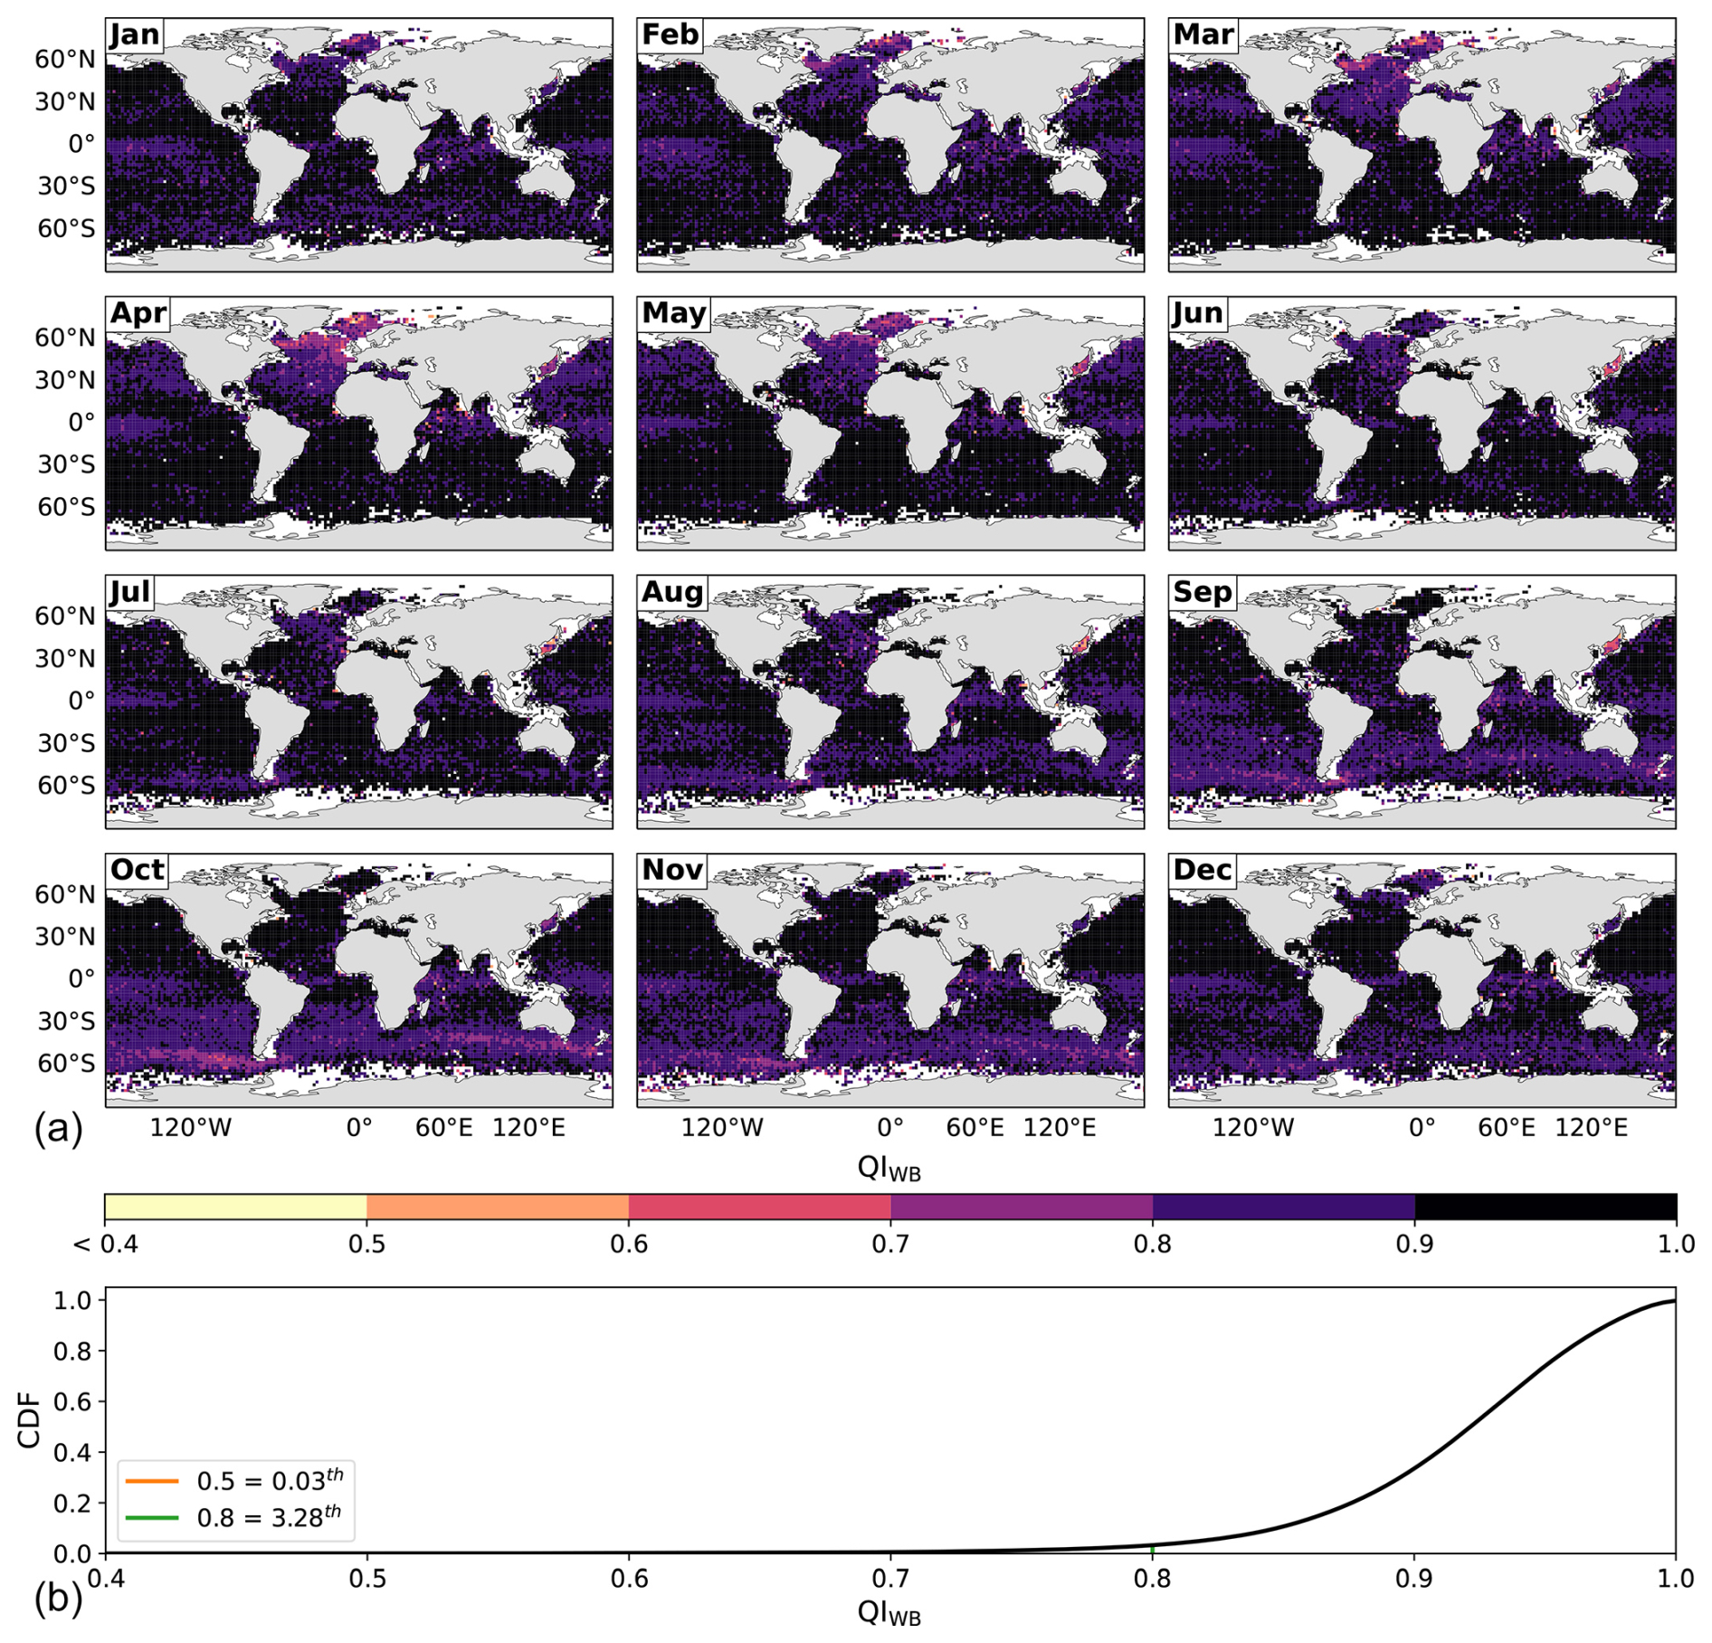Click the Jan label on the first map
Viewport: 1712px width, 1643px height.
pos(135,34)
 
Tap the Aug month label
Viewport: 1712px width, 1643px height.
pos(671,592)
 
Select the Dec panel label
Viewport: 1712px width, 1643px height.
pos(1203,870)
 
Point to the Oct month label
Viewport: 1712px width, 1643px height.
pos(138,870)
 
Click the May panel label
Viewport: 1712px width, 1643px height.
pos(673,313)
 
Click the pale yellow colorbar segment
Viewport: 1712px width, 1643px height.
pos(235,1207)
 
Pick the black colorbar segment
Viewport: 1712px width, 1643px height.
pos(1545,1207)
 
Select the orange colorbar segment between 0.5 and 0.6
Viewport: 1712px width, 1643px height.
pos(498,1207)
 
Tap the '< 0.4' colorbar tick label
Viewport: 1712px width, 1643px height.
pos(106,1244)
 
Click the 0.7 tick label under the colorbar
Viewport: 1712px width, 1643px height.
pos(890,1244)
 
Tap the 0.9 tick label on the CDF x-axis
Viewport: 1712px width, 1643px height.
pos(1413,1579)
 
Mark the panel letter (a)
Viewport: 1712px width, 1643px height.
pos(58,1129)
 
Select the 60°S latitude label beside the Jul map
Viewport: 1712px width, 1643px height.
pos(66,785)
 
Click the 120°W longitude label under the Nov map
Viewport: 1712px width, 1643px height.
pos(722,1128)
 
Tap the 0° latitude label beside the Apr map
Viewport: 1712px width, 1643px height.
pos(81,422)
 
